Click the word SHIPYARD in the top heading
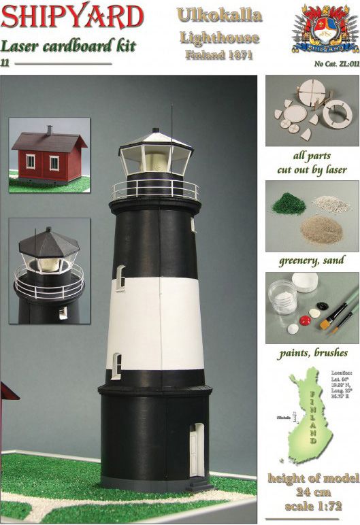72,16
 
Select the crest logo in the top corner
321,27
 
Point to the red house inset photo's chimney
49,129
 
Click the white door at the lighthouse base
197,450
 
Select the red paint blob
306,320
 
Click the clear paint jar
282,297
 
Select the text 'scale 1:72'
313,507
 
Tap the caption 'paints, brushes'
313,354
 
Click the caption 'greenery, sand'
312,260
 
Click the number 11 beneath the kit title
5,64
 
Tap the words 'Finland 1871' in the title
218,54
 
